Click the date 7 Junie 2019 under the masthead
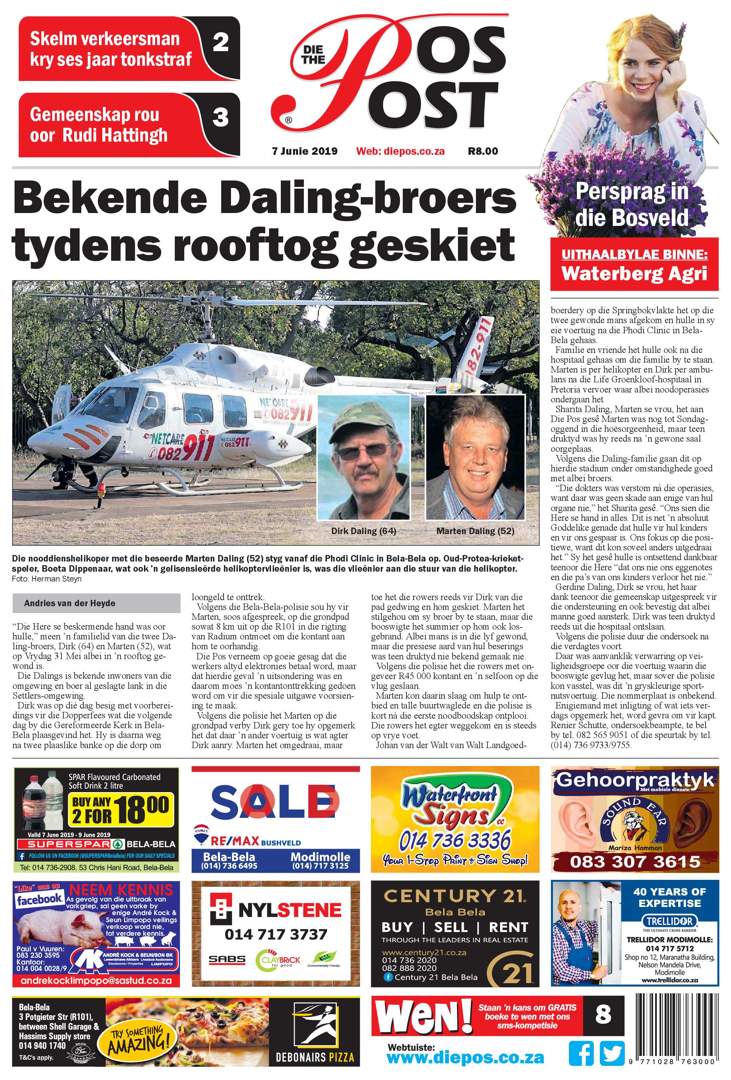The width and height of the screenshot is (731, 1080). coord(305,151)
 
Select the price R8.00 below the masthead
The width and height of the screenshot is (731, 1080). coord(483,151)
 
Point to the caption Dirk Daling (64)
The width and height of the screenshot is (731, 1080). coord(363,531)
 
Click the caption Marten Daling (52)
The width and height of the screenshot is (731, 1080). coord(475,531)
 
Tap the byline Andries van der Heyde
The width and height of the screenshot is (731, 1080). coord(70,603)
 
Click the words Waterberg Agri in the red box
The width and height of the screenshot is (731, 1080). coord(634,273)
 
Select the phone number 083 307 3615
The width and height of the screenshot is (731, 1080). coord(635,862)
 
